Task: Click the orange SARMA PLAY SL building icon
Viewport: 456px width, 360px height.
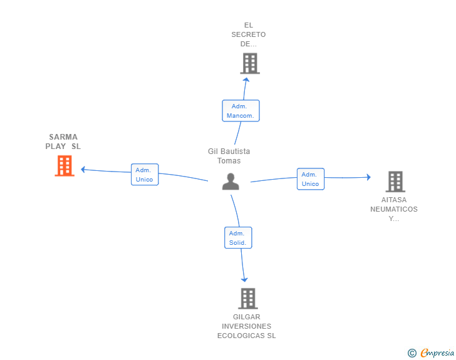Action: [65, 166]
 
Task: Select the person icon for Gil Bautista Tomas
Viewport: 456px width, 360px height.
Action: [231, 182]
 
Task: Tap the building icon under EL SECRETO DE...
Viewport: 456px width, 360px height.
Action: [249, 63]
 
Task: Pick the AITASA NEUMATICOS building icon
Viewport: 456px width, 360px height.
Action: [395, 182]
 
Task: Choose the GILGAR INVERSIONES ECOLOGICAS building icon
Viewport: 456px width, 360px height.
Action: [248, 299]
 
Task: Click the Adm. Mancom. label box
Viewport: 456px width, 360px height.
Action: [241, 111]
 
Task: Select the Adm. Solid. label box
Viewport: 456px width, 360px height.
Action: [238, 238]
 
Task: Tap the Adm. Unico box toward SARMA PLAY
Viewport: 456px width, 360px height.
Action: [145, 175]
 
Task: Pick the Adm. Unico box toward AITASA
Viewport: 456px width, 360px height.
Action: [310, 179]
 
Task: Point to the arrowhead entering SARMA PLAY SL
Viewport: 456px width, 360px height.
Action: [83, 169]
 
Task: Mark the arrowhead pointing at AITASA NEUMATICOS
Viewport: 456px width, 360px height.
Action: [368, 177]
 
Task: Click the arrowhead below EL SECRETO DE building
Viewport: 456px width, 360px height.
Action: [247, 79]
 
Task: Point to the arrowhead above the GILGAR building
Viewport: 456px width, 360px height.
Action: [244, 279]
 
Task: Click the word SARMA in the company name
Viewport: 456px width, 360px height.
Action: [63, 136]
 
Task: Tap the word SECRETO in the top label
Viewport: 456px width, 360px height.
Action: [248, 34]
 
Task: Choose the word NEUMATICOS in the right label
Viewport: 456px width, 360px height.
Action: [393, 209]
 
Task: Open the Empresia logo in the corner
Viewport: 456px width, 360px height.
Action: [437, 353]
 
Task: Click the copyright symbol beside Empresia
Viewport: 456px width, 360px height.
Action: [412, 353]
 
